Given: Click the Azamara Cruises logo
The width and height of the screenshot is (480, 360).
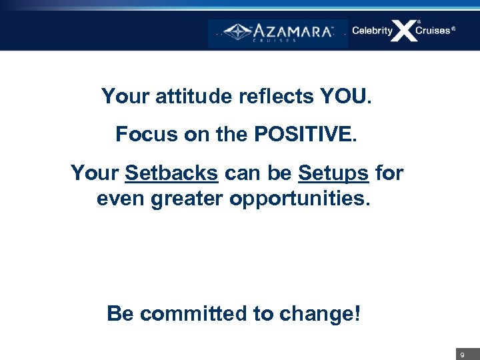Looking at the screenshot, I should pyautogui.click(x=278, y=32).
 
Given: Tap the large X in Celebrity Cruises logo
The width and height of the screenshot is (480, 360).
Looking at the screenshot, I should pyautogui.click(x=403, y=31).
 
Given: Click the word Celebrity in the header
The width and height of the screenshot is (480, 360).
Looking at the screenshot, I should pyautogui.click(x=372, y=31).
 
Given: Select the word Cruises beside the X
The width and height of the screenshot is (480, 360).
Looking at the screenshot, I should pyautogui.click(x=433, y=31).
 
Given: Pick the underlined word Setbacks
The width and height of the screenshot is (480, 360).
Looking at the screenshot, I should pyautogui.click(x=171, y=173).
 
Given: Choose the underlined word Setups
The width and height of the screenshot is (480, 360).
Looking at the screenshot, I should pyautogui.click(x=333, y=173).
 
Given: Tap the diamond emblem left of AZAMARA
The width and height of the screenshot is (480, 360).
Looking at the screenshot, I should pyautogui.click(x=237, y=31).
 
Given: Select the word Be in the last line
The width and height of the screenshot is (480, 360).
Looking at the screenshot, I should pyautogui.click(x=121, y=313).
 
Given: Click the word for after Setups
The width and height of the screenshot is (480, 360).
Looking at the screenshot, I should pyautogui.click(x=389, y=173).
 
